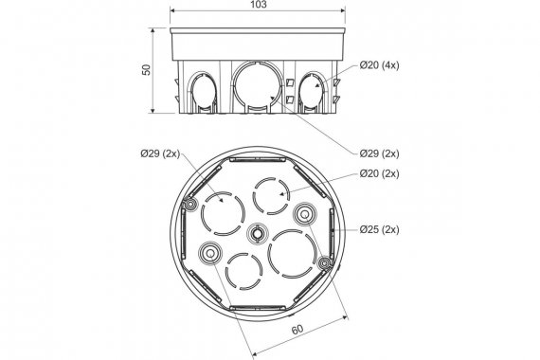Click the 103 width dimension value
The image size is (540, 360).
click(258, 4)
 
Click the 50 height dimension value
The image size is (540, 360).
click(147, 70)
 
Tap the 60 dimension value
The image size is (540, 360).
click(297, 329)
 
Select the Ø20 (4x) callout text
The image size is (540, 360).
click(380, 65)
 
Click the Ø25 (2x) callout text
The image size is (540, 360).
click(380, 229)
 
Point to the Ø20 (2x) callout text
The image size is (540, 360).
click(380, 173)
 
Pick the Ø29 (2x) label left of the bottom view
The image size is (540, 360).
click(160, 153)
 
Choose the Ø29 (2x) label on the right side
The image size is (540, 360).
click(380, 153)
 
